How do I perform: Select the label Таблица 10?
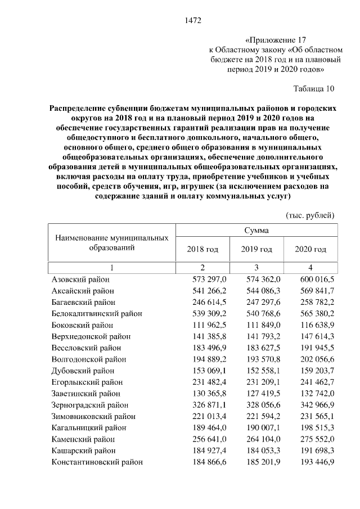click(314, 88)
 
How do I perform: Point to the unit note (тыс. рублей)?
click(310, 215)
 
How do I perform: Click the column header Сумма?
click(256, 231)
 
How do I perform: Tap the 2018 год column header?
click(202, 249)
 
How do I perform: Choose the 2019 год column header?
click(256, 249)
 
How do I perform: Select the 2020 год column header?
click(310, 249)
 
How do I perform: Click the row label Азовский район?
click(80, 280)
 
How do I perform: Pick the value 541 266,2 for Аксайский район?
click(209, 291)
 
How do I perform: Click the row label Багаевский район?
click(83, 302)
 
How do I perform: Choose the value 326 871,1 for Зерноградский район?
click(209, 405)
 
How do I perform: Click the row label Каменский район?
click(82, 439)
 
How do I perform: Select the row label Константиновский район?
click(97, 462)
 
